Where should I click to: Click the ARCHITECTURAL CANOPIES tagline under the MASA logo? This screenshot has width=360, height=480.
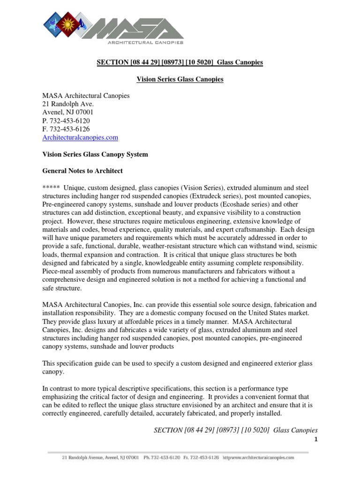point(145,42)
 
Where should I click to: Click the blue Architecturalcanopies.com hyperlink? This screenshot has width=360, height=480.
point(80,137)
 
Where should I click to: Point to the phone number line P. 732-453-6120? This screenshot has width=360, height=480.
point(66,120)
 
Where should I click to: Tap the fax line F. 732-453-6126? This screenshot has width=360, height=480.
point(66,129)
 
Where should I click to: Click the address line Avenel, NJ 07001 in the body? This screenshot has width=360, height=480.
point(68,112)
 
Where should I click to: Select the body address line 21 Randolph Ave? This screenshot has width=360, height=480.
point(68,104)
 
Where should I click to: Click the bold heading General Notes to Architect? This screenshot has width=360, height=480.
point(82,171)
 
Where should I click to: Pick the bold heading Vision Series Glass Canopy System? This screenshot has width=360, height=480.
point(95,154)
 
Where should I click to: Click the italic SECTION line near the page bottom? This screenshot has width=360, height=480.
point(235,430)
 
